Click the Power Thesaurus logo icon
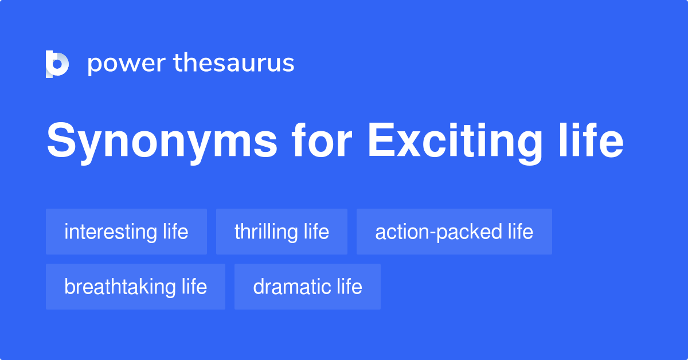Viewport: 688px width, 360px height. click(x=57, y=64)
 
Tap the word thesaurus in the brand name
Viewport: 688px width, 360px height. click(x=234, y=64)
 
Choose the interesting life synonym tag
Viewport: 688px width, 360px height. click(x=126, y=232)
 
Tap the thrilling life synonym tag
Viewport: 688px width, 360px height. click(x=282, y=232)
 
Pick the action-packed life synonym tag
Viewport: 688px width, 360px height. click(x=454, y=232)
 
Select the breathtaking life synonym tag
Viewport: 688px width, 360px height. click(x=135, y=287)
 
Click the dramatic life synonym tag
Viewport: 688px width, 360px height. click(x=307, y=287)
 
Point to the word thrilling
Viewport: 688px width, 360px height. click(x=266, y=232)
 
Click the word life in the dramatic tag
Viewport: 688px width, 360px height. click(x=349, y=287)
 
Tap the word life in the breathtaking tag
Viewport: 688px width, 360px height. click(x=194, y=287)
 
